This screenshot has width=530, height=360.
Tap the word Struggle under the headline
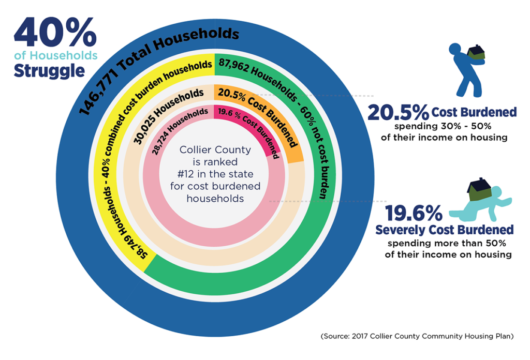pos(49,70)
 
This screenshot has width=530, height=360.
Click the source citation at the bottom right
pos(417,336)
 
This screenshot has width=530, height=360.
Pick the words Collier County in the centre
pos(215,150)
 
